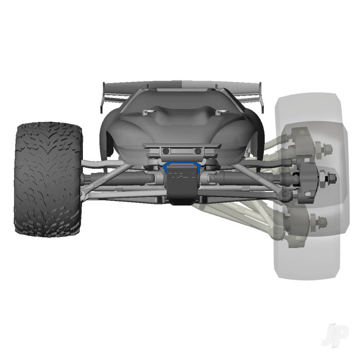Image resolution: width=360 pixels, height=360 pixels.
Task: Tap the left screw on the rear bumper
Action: (166, 150)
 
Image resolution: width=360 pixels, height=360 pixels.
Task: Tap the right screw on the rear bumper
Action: (197, 150)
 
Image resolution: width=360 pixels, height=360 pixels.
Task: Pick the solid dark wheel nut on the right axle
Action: (332, 177)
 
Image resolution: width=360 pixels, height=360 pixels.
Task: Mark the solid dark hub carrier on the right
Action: (307, 176)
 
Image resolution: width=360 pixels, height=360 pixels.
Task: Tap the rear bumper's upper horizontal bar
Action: (182, 145)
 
